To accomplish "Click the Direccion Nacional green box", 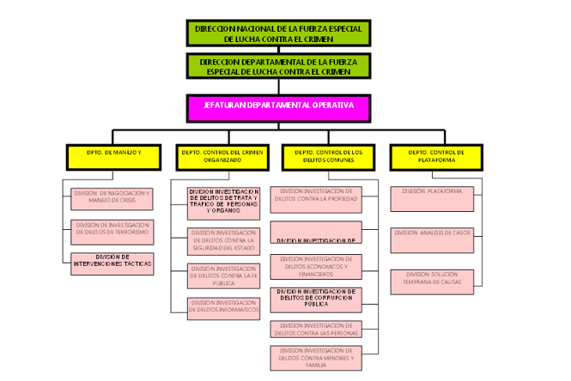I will point(279,33).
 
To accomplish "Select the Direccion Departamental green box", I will point(279,67).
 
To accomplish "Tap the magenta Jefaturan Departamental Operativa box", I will point(279,106).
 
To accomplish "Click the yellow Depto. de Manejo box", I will point(113,156).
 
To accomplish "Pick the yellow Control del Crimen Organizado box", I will point(221,156).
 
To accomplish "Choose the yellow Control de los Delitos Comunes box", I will point(328,156).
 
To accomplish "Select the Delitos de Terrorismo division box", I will point(112,231).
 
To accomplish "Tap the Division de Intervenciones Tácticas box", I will point(112,263).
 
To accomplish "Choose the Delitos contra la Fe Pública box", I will point(223,275).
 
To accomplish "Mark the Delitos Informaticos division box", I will point(223,306).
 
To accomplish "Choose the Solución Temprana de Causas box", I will point(433,279).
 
